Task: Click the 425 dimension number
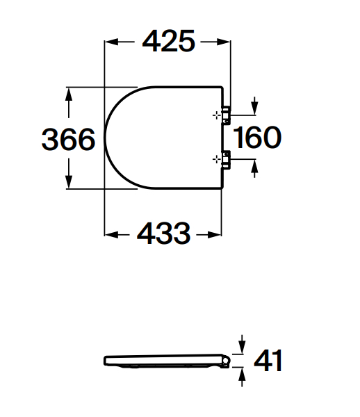point(169,41)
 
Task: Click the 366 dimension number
point(68,139)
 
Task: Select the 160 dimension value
point(257,137)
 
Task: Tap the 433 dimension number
point(163,233)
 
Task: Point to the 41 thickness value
point(268,361)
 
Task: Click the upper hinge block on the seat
point(227,115)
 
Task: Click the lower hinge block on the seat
point(227,160)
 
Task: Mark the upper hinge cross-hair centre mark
point(217,115)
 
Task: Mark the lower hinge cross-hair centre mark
point(217,160)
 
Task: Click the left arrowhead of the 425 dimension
point(111,42)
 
